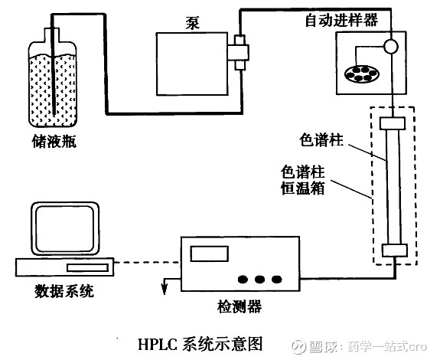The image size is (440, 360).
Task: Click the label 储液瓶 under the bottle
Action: coord(54,141)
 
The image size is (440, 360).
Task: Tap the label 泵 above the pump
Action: coord(193,23)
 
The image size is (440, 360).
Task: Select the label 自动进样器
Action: coord(341,20)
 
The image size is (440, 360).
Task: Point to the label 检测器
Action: coord(240,306)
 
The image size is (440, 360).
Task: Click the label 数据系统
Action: coord(64,291)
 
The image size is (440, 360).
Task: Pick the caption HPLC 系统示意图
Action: coord(200,344)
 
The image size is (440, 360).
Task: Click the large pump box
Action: coord(192,64)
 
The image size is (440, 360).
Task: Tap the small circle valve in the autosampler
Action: coord(390,46)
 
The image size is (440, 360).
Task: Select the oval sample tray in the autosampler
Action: coord(362,74)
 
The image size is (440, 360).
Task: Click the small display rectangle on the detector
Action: coord(210,254)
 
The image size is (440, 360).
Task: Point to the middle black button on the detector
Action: coord(259,279)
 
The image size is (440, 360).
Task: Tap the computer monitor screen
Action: coord(65,229)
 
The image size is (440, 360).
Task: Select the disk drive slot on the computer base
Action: coord(87,267)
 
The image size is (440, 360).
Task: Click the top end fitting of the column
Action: coord(393,123)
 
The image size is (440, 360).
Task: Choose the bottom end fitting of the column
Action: coord(395,250)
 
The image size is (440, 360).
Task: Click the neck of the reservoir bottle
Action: coord(52,35)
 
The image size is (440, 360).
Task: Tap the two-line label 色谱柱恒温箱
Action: coord(303,180)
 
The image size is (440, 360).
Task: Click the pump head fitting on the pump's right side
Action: coord(239,52)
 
